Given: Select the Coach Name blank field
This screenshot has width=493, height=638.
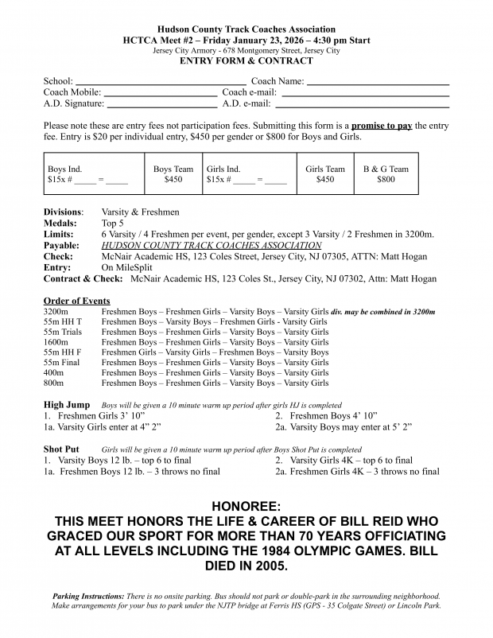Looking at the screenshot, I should pyautogui.click(x=378, y=82).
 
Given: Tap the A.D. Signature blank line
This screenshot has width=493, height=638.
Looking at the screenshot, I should pyautogui.click(x=161, y=104).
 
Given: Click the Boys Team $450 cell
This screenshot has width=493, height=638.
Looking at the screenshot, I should pyautogui.click(x=173, y=174).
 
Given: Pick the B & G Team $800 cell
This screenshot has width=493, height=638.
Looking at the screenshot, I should pyautogui.click(x=386, y=174).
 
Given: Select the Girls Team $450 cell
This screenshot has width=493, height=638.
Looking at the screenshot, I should pyautogui.click(x=325, y=174).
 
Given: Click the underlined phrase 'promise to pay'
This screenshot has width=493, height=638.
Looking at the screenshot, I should pyautogui.click(x=382, y=126).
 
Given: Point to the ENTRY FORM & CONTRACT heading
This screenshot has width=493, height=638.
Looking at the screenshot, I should pyautogui.click(x=246, y=61).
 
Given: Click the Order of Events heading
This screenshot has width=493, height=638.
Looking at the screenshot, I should pyautogui.click(x=76, y=301).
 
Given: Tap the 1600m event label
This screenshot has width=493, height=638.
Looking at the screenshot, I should pyautogui.click(x=57, y=342).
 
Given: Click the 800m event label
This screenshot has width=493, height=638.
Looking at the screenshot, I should pyautogui.click(x=55, y=383).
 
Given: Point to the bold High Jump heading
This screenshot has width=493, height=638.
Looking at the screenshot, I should pyautogui.click(x=67, y=405).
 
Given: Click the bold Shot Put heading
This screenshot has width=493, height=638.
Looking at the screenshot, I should pyautogui.click(x=61, y=449).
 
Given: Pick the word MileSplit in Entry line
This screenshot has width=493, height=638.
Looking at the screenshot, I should pyautogui.click(x=132, y=268).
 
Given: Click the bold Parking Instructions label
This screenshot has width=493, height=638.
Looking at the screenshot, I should pyautogui.click(x=87, y=596).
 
